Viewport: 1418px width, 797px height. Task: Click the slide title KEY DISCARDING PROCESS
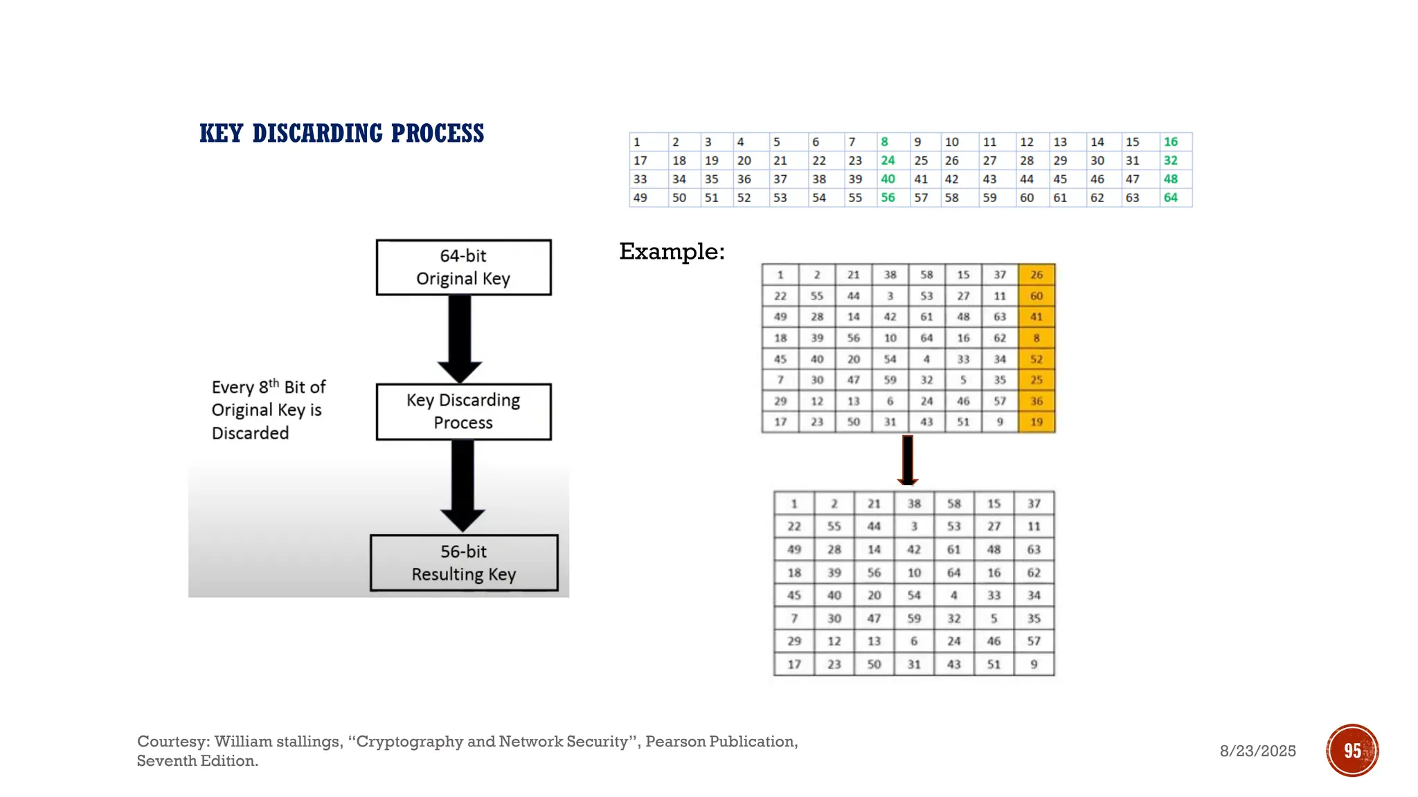[341, 133]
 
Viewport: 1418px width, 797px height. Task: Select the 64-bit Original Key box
[463, 267]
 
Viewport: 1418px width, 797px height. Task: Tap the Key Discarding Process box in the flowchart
[463, 412]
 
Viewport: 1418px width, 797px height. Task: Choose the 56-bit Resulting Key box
[464, 562]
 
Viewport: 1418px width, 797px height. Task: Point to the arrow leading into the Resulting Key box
[463, 484]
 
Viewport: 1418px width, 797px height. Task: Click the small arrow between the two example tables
[908, 461]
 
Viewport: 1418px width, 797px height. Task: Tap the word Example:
[672, 251]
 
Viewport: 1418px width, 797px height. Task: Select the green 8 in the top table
[885, 142]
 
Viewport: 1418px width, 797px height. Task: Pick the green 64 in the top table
[1171, 198]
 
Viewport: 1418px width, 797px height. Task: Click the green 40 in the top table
[888, 179]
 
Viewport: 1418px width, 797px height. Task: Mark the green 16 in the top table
[1171, 142]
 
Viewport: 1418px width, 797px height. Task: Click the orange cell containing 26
[1036, 275]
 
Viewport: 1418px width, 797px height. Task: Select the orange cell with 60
[1036, 296]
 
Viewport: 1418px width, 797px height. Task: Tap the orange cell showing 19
[1036, 422]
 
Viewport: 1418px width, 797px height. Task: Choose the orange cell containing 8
[1036, 338]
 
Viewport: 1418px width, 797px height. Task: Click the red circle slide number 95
[1352, 751]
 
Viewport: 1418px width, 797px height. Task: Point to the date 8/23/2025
[1257, 751]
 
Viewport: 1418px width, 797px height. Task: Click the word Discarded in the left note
[250, 433]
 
